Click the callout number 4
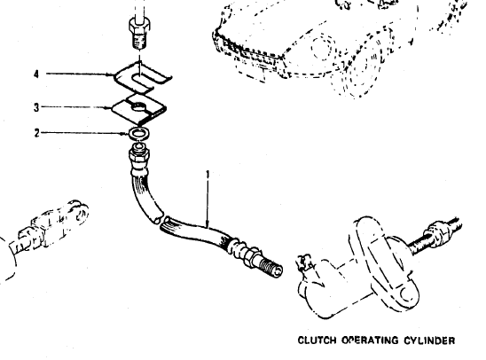coord(36,74)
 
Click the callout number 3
coord(36,107)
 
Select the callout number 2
coord(37,133)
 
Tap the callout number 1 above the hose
coord(208,174)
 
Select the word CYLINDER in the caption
coord(429,340)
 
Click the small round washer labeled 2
coord(139,134)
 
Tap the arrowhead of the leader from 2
coord(127,134)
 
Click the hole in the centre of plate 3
coord(139,106)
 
